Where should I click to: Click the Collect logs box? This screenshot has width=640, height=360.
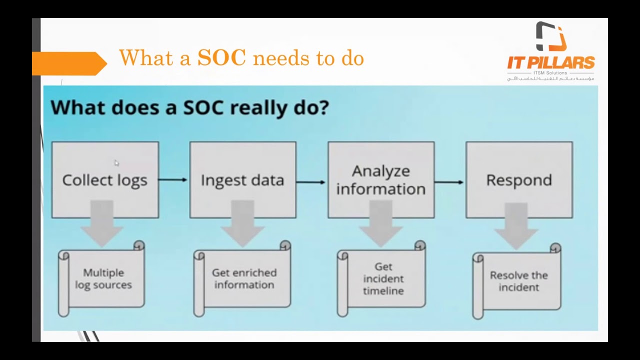(105, 179)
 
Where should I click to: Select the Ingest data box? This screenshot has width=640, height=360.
(242, 179)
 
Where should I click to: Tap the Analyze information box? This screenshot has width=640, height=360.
(380, 179)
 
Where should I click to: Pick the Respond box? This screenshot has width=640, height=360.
(519, 179)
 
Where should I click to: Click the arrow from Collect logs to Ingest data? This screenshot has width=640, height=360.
(173, 179)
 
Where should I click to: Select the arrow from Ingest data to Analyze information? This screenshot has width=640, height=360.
(311, 181)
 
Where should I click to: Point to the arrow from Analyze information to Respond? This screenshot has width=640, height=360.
(449, 181)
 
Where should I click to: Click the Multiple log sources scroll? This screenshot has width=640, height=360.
(103, 279)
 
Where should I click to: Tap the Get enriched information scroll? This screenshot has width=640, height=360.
(243, 279)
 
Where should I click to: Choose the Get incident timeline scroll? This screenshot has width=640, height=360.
(383, 279)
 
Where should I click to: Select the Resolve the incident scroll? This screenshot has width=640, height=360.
(518, 281)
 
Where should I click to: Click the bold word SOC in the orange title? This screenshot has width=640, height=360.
(221, 58)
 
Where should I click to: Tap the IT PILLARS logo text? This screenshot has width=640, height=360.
(551, 63)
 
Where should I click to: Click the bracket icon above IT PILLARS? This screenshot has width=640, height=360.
(550, 36)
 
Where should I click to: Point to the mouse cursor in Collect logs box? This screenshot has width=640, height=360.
(116, 163)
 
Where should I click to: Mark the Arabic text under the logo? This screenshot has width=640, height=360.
(550, 78)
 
